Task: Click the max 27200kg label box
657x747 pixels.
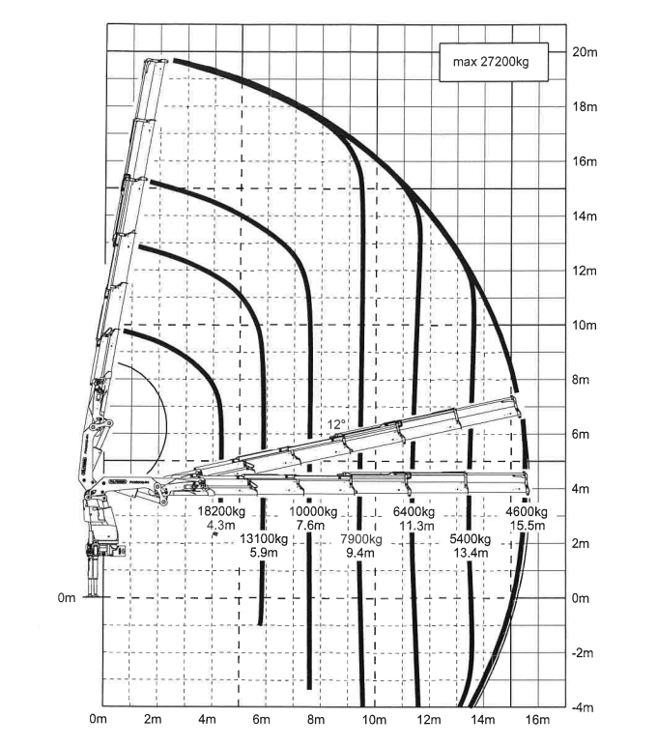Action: [494, 62]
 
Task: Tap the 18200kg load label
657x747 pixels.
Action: [221, 511]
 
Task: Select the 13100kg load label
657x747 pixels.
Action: [264, 539]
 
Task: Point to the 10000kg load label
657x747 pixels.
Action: [313, 511]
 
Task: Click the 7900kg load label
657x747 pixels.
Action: [361, 539]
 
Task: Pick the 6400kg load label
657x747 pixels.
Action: [414, 511]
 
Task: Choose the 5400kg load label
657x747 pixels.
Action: [471, 539]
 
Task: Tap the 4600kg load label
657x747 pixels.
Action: [527, 512]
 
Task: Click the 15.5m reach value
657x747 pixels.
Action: [528, 526]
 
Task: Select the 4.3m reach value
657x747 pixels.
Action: [221, 526]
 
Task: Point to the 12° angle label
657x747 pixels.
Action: [336, 424]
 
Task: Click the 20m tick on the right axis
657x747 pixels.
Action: [585, 52]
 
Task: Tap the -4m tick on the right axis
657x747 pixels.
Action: [583, 707]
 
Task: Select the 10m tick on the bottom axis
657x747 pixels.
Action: [374, 719]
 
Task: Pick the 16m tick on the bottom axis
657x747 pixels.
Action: [537, 719]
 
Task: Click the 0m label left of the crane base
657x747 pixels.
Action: [67, 598]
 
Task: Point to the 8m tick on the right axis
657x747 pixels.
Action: [581, 380]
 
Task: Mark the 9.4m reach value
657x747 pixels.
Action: [360, 553]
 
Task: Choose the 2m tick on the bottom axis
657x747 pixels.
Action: [153, 719]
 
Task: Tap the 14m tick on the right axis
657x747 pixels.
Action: [585, 215]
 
